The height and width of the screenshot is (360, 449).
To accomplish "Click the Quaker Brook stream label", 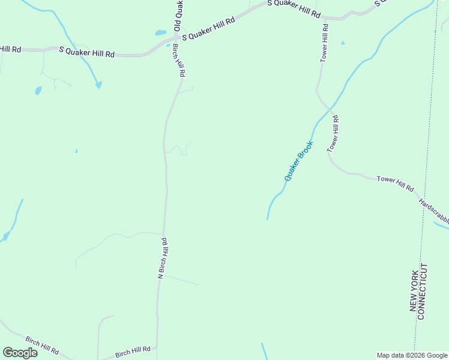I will (x=299, y=161).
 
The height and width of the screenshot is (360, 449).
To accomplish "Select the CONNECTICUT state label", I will (x=422, y=292).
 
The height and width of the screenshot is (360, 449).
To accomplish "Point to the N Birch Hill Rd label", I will (x=162, y=258).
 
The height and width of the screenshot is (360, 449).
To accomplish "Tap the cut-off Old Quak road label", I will (x=178, y=16).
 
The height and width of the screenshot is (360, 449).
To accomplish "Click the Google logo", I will (x=20, y=352).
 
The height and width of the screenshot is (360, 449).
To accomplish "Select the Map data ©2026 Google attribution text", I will (x=412, y=355).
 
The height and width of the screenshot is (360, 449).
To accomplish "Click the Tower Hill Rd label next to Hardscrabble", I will (x=396, y=184).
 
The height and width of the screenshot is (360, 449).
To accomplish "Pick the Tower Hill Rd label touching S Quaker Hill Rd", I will (x=324, y=43).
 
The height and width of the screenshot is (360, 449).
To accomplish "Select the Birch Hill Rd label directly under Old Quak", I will (x=179, y=60).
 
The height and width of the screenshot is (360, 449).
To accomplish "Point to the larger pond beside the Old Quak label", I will (x=160, y=32).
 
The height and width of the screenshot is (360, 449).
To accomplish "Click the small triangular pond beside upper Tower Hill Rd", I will (x=343, y=43).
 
